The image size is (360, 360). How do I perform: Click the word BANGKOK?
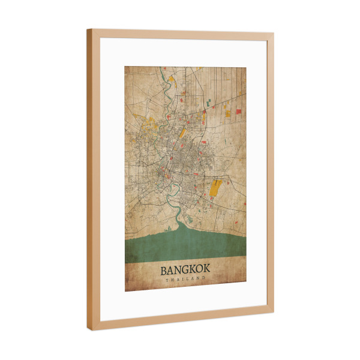click(185, 270)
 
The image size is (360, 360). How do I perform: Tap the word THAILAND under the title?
click(185, 280)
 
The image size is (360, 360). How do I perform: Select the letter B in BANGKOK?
click(164, 270)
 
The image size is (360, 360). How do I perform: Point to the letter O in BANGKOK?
click(199, 271)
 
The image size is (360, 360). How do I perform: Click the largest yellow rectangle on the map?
click(215, 187)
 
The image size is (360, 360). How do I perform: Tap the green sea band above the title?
click(185, 246)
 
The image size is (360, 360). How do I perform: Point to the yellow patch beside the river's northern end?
click(170, 79)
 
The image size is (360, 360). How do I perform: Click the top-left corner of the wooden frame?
click(89, 31)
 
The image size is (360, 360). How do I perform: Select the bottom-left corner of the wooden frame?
click(90, 329)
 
